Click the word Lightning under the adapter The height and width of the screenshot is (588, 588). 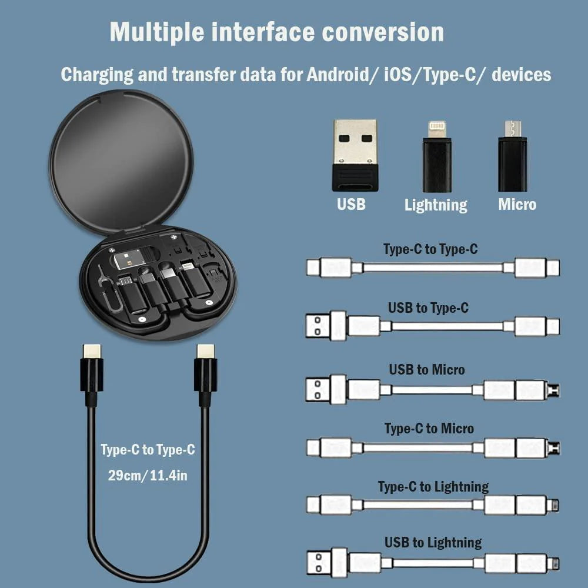point(436,205)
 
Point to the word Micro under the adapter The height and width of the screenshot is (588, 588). point(517,205)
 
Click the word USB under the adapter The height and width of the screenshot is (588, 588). point(351,205)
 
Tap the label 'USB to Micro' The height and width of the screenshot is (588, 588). point(426,370)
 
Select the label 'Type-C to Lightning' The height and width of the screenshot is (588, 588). point(433,487)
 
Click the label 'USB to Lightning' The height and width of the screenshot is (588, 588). point(433,542)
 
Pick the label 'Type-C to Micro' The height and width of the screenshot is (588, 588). point(429,429)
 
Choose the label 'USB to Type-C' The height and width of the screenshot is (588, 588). point(428,308)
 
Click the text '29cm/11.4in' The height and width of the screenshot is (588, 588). point(148,475)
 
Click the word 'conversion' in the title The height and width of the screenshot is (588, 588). point(382,32)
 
